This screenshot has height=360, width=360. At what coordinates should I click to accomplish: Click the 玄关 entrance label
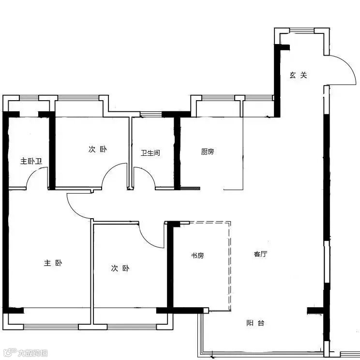point(298,75)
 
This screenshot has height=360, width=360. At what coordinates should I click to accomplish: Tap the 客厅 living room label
point(261,254)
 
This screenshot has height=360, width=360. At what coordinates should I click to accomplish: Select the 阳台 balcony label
point(255,323)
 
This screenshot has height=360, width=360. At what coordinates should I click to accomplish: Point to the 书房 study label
point(197,255)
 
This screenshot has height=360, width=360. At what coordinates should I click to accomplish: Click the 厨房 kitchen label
point(208,151)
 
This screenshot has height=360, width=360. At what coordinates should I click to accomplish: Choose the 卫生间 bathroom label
point(150,153)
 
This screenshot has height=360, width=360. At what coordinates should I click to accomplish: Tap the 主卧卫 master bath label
point(31,161)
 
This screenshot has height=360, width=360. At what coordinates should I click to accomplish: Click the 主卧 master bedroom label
point(53,263)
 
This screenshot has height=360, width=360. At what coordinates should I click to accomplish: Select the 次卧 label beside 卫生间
point(98,149)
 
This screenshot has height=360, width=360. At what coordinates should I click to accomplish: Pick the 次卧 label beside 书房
point(120,268)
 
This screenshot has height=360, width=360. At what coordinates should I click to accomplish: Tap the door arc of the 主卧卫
point(32,173)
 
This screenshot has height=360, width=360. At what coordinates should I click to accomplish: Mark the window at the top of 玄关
point(302,30)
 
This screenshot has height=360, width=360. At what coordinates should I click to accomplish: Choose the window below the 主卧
point(51,327)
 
